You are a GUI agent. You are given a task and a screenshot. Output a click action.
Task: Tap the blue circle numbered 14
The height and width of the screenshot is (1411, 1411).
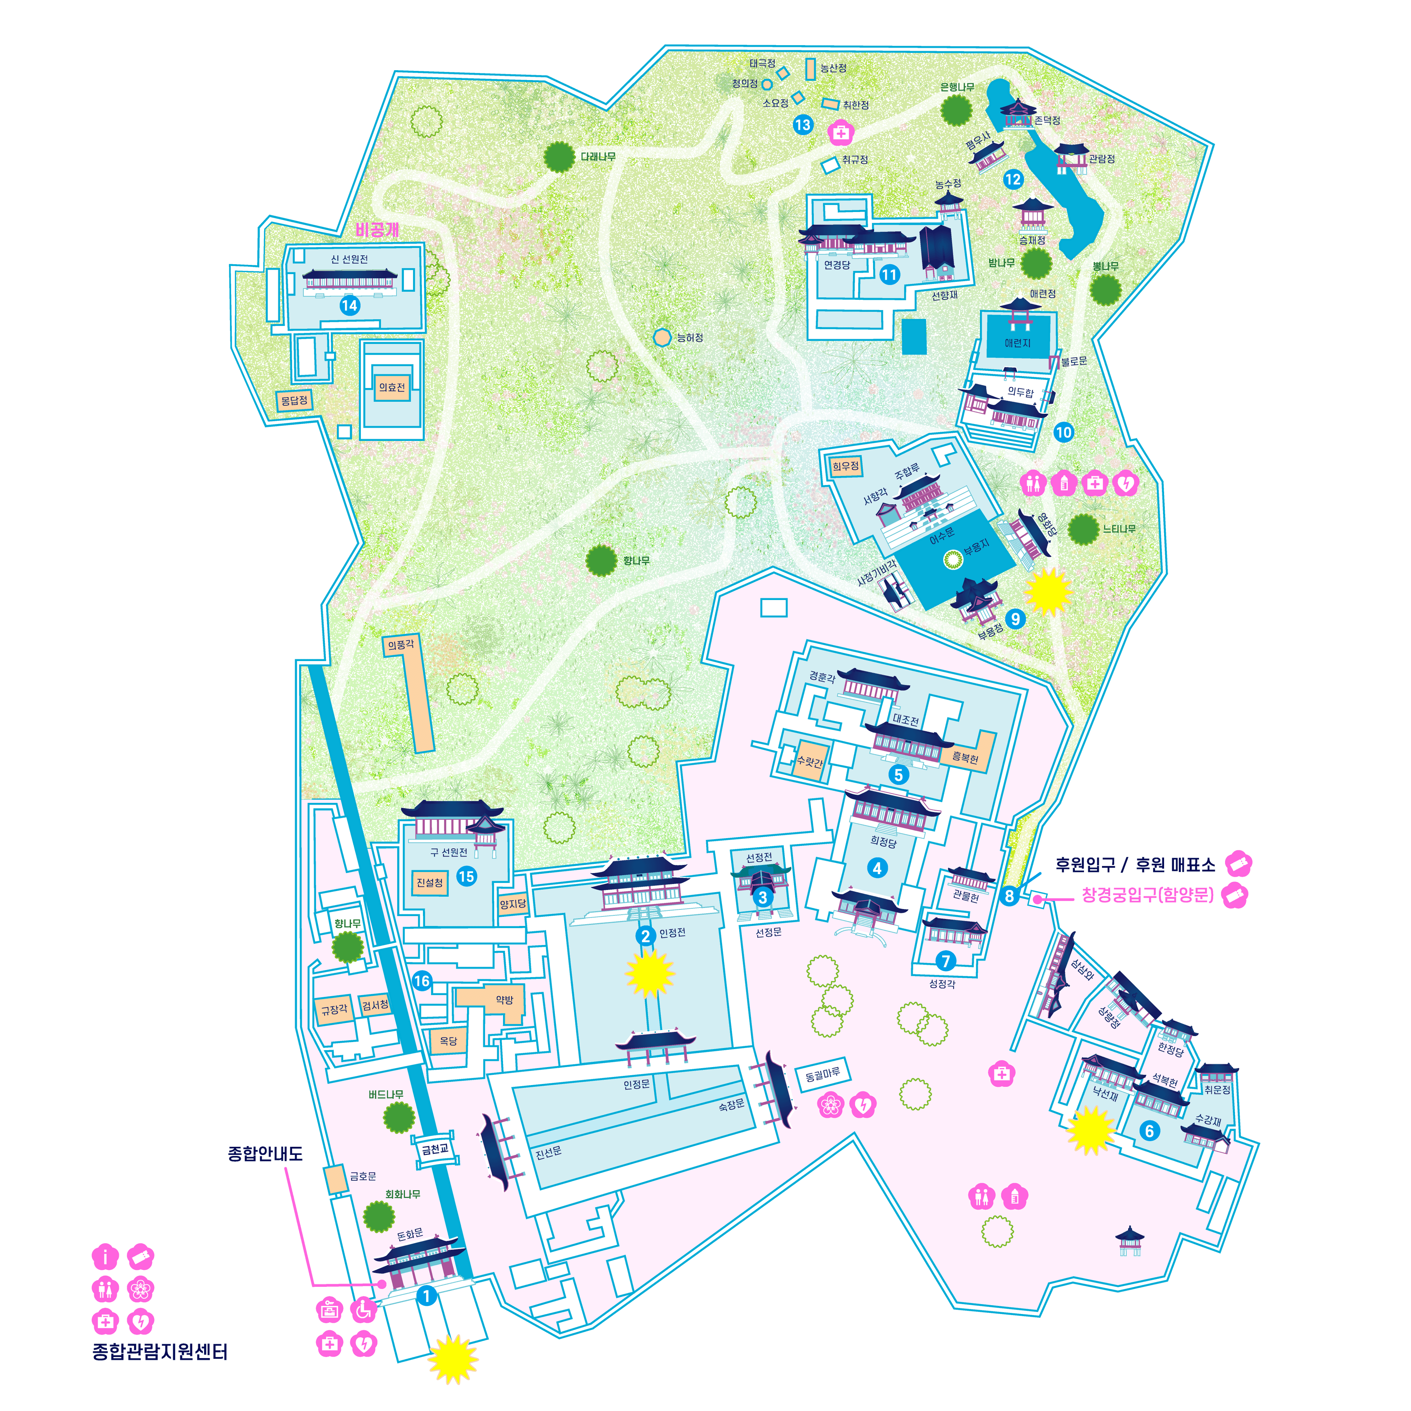tap(349, 305)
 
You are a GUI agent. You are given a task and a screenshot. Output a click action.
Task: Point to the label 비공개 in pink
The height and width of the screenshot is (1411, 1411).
tap(377, 230)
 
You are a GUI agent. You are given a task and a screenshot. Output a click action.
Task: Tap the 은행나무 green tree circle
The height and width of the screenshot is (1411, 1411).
tap(956, 110)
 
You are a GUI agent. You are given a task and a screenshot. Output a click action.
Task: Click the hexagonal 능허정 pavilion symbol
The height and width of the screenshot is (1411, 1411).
tap(662, 337)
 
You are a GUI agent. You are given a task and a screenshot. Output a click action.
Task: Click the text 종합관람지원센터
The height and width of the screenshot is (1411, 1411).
tap(160, 1352)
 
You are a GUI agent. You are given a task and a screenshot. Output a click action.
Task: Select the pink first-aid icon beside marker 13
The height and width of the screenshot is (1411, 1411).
tap(841, 133)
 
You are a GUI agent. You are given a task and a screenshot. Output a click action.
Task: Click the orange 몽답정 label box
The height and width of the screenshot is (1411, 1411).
tap(294, 400)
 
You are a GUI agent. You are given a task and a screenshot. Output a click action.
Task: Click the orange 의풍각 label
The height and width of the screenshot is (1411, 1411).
tap(400, 645)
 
